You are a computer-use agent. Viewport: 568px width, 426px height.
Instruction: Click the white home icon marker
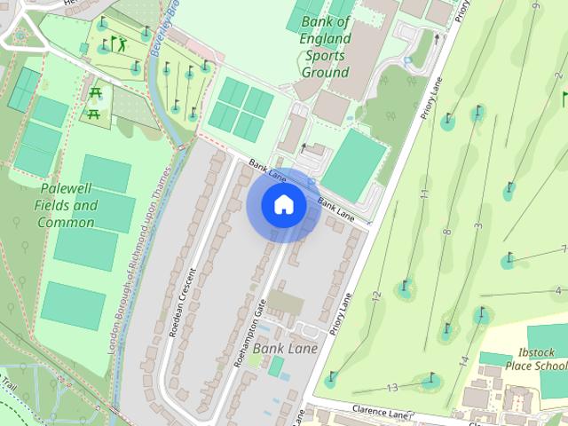tap(283, 205)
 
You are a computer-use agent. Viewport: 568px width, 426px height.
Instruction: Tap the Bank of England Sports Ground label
tap(325, 46)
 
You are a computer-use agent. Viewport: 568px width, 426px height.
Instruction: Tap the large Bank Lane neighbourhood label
tap(285, 349)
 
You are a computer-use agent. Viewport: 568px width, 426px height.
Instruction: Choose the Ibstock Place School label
tap(535, 359)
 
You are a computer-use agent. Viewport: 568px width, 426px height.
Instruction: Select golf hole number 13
tap(392, 388)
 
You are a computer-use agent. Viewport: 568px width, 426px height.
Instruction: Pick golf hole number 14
tap(463, 361)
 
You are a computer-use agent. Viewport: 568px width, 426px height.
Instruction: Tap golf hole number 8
tap(446, 233)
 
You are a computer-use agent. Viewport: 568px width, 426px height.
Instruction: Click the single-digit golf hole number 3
tap(477, 227)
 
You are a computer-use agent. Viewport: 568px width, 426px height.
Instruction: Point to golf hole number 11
tap(424, 193)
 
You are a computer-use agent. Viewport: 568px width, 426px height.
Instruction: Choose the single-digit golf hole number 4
tap(557, 291)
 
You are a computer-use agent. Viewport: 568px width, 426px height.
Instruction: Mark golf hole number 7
tap(564, 248)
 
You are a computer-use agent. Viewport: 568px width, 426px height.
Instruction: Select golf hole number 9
tap(535, 7)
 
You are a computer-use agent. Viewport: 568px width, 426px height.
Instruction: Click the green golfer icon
tap(120, 43)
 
